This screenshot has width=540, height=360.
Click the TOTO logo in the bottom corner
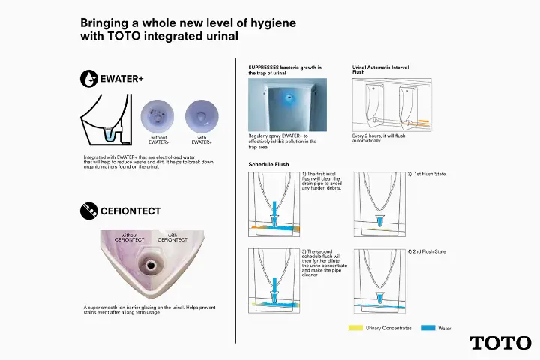coord(500,343)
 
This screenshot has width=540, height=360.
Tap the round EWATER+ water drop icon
coord(88,79)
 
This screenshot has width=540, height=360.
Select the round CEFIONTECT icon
coord(88,211)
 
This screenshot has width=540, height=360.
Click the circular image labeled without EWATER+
coord(157,117)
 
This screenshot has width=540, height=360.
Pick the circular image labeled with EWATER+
coord(202,117)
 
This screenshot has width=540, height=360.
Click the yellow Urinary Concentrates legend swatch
coord(355,328)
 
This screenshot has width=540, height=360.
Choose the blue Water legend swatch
coord(427,328)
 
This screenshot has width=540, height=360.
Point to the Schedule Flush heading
coord(268,165)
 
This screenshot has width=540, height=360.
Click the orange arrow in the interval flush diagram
coord(423,121)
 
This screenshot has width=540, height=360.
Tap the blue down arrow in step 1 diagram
coord(274,211)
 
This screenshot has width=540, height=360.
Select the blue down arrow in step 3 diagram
coord(274,287)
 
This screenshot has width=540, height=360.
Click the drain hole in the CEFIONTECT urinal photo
coord(151,265)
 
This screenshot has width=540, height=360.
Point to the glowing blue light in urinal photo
coord(289,97)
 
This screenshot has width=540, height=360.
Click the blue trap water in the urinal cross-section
coord(109,135)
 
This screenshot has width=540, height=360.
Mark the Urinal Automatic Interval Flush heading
coord(380,70)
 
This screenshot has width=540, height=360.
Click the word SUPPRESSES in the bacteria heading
coord(263,67)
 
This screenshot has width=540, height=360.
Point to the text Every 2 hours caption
coord(379,139)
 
